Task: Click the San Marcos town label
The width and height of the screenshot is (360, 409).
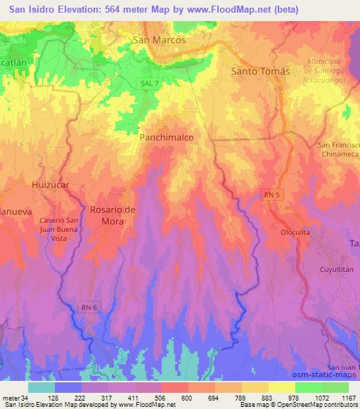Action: tap(159, 40)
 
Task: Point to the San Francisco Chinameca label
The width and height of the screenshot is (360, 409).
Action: tap(339, 149)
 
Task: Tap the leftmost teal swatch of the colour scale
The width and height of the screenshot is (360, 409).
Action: tap(41, 387)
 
